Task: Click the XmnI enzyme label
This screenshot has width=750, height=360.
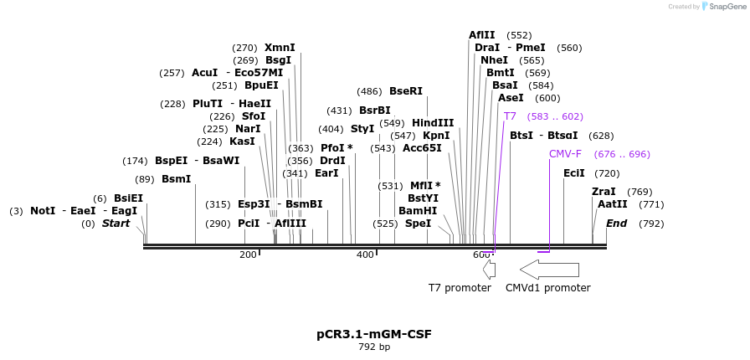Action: point(280,48)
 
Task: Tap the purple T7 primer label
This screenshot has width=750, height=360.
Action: point(510,116)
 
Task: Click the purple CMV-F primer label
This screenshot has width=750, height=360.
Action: point(565,154)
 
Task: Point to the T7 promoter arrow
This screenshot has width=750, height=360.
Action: point(490,270)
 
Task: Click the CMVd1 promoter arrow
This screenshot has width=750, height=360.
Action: point(549,270)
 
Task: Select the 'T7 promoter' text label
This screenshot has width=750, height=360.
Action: point(460,288)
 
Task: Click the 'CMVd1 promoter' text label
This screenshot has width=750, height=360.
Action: point(547,288)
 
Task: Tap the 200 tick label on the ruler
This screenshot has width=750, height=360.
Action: point(248,255)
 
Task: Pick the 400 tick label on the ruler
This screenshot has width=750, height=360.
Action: point(365,255)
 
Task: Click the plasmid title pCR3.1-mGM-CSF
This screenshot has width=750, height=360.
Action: point(374,334)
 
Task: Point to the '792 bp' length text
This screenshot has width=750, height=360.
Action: point(374,347)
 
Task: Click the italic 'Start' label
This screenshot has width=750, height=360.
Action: point(116,224)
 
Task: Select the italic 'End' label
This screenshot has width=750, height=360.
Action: point(617,224)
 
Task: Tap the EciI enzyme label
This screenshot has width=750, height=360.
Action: point(574,173)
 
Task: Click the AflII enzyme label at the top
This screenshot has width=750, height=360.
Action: point(482,35)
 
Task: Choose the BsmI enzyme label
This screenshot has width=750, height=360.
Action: point(177,179)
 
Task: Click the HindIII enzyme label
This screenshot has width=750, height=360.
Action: point(433,123)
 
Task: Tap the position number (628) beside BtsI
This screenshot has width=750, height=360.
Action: point(601,136)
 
